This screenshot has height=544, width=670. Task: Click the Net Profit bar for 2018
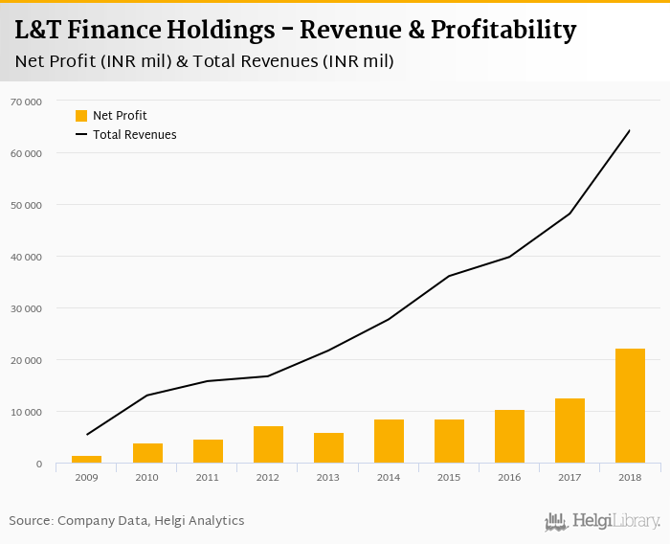coord(630,406)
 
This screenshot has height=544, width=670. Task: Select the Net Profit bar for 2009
coord(87,460)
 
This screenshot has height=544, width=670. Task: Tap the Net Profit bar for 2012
coord(268,444)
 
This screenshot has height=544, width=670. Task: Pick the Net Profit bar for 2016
coord(509,437)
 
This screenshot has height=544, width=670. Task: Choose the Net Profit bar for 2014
coord(389,442)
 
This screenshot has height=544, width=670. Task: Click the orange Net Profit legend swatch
coord(81,116)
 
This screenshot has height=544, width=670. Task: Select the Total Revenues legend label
coord(134,135)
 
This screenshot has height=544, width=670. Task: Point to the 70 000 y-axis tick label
coord(26,101)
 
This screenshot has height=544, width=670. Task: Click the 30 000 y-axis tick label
coord(26,308)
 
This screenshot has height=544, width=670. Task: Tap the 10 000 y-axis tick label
coord(26,412)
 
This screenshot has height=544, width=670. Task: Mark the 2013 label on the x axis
coord(328,477)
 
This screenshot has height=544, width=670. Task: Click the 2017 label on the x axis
coord(569,477)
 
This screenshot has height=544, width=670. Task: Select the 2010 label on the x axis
coord(147,477)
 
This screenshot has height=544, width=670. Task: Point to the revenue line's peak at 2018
coord(630,130)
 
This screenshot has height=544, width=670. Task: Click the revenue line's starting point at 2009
coord(87,435)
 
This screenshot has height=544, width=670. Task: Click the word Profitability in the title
coord(502,31)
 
